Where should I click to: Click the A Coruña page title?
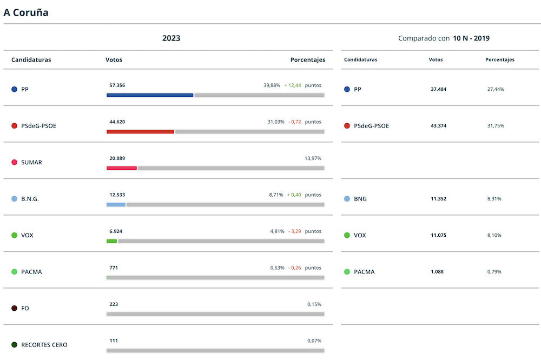pyautogui.click(x=26, y=12)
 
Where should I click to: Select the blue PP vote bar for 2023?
pyautogui.click(x=150, y=95)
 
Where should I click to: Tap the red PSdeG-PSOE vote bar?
pyautogui.click(x=140, y=131)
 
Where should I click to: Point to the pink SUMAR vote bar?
pyautogui.click(x=122, y=168)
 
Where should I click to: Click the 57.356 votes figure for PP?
pyautogui.click(x=117, y=85)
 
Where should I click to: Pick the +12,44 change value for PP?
pyautogui.click(x=293, y=85)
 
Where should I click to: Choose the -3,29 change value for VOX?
pyautogui.click(x=294, y=231)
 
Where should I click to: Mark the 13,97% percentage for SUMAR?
pyautogui.click(x=313, y=158)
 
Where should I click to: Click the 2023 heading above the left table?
pyautogui.click(x=171, y=38)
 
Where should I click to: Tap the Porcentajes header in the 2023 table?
pyautogui.click(x=308, y=60)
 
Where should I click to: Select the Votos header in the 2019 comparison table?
pyautogui.click(x=436, y=60)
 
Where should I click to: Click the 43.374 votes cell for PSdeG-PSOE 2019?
pyautogui.click(x=438, y=126)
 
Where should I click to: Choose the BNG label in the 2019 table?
pyautogui.click(x=360, y=199)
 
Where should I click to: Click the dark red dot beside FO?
pyautogui.click(x=15, y=308)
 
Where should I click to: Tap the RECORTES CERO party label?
pyautogui.click(x=44, y=345)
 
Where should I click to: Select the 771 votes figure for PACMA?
pyautogui.click(x=114, y=268)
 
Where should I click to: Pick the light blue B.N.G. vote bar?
pyautogui.click(x=116, y=204)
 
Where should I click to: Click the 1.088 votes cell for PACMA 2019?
pyautogui.click(x=437, y=272)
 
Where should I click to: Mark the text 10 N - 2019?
pyautogui.click(x=472, y=38)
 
